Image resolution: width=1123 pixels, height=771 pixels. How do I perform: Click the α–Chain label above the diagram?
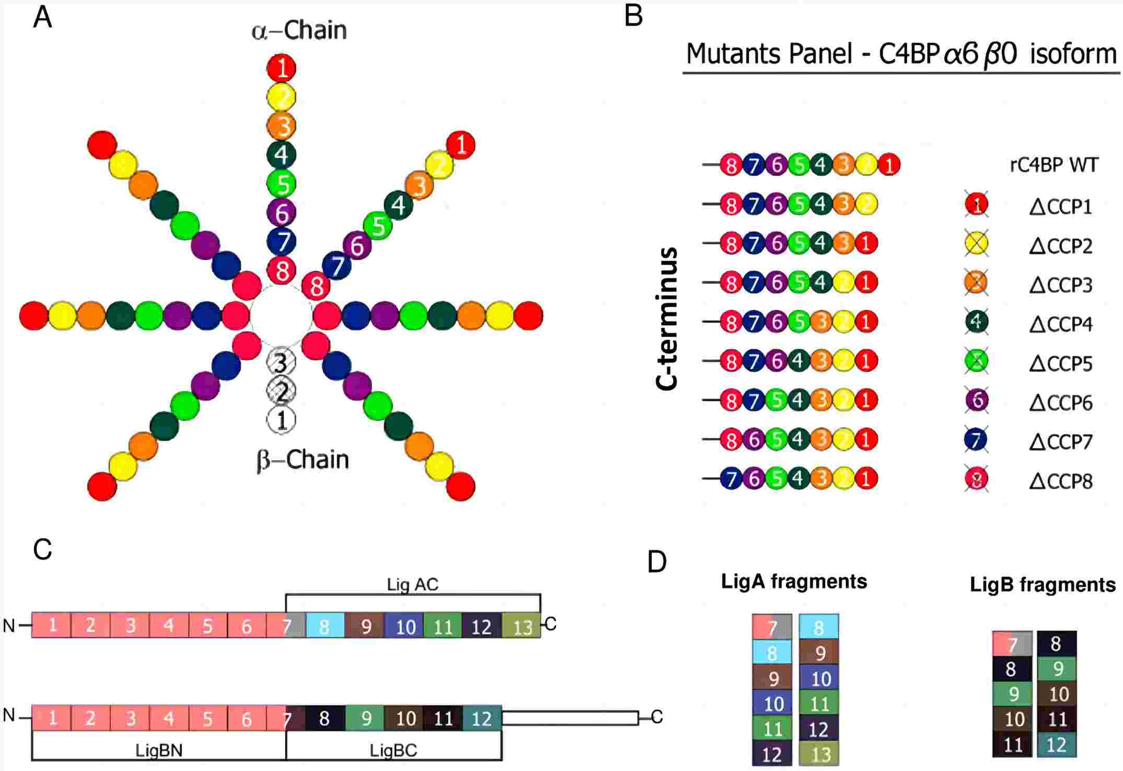[x=299, y=30]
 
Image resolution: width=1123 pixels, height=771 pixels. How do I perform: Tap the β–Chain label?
[x=303, y=460]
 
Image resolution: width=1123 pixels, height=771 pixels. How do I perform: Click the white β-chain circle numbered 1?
[x=281, y=419]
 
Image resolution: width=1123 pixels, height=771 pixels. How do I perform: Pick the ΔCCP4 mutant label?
[x=1061, y=324]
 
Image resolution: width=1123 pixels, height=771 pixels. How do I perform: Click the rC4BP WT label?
[x=1053, y=165]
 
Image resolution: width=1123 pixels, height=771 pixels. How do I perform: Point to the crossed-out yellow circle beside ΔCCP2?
[x=976, y=244]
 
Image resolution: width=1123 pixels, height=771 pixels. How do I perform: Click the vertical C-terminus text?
[x=667, y=319]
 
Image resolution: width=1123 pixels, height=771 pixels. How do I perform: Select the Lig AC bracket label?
[x=412, y=584]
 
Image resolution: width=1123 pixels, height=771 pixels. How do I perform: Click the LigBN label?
[x=159, y=751]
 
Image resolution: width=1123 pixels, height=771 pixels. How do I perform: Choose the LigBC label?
[x=393, y=751]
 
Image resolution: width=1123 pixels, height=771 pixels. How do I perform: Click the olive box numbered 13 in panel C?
[x=521, y=626]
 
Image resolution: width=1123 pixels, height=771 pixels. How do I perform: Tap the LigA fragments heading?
[x=794, y=581]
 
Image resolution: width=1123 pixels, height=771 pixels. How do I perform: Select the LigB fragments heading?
[x=1043, y=584]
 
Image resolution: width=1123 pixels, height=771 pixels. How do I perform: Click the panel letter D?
[x=657, y=562]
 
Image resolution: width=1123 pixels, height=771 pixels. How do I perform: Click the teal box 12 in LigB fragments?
[x=1056, y=744]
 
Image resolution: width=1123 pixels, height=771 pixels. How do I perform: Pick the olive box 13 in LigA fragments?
[x=819, y=754]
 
